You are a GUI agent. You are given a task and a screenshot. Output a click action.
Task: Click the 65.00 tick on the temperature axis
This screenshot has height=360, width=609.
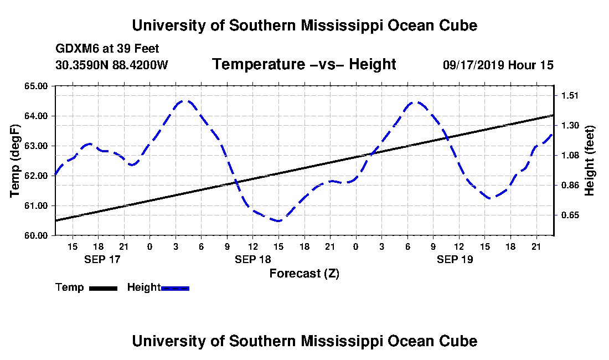[37, 86]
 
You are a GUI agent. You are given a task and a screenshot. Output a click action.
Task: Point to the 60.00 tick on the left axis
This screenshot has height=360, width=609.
[37, 235]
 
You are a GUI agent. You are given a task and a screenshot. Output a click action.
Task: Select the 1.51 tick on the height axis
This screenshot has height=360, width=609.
[570, 95]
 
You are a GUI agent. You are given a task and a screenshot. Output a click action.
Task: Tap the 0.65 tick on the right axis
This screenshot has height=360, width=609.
[570, 215]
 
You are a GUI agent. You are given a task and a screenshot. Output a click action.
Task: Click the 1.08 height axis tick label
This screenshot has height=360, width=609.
[570, 155]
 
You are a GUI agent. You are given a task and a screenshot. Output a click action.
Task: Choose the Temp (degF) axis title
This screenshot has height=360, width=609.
[16, 161]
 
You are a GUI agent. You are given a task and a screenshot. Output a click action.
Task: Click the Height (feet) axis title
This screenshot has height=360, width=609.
[590, 161]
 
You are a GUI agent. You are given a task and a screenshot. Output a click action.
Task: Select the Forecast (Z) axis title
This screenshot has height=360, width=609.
[304, 273]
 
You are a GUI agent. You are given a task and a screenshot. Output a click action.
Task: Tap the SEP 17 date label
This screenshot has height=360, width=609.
[102, 259]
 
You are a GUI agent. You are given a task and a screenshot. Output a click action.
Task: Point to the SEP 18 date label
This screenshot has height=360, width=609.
[252, 259]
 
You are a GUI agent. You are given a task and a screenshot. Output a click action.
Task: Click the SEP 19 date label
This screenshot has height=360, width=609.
[455, 259]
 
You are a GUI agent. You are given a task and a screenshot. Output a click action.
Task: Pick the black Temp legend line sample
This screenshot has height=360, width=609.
[102, 288]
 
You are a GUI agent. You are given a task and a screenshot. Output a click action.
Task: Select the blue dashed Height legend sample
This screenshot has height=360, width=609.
[176, 288]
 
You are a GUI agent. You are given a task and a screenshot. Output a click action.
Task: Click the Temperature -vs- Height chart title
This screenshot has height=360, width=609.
[304, 65]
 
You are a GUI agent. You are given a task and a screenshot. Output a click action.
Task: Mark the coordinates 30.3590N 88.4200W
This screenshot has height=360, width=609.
[111, 65]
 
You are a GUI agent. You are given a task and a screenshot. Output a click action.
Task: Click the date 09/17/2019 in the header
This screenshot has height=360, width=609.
[473, 65]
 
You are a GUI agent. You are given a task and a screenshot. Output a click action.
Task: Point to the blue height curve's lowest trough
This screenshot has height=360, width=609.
[278, 221]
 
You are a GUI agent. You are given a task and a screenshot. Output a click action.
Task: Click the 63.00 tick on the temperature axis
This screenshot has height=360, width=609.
[37, 146]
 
